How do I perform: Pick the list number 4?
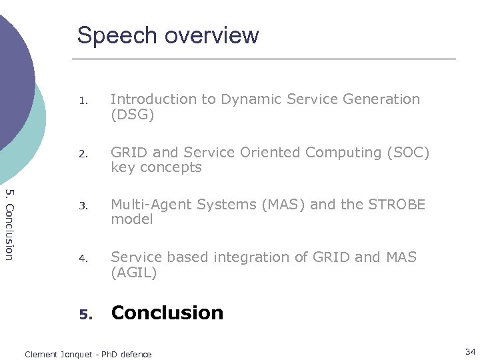click(x=83, y=259)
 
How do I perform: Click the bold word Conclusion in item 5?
click(x=167, y=313)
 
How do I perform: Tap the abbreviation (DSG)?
click(x=133, y=115)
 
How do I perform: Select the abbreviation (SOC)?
click(x=408, y=153)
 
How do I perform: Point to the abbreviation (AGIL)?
click(x=134, y=273)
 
